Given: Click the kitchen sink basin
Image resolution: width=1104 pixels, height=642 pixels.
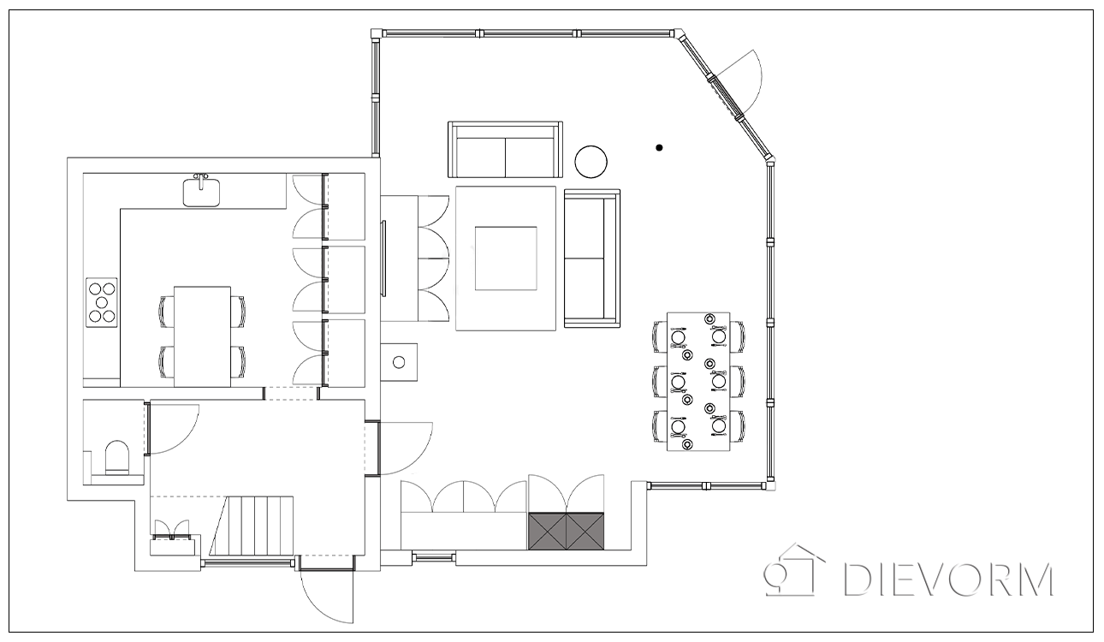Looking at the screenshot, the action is (x=201, y=193).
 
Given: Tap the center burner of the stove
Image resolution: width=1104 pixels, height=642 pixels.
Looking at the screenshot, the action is (x=102, y=302).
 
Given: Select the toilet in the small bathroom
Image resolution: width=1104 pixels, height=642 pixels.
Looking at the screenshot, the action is (x=118, y=457).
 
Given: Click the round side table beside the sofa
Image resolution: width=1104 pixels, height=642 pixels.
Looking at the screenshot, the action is (x=591, y=162).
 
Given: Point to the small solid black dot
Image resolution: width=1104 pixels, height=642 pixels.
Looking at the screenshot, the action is (x=659, y=147).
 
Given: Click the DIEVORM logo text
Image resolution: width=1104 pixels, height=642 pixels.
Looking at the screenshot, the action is (x=948, y=579).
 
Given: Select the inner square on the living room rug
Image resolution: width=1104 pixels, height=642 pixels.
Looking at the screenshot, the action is (x=506, y=259).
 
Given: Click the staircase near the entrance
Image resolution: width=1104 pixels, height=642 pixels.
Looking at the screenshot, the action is (x=252, y=526).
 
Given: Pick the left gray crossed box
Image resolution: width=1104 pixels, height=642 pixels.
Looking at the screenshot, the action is (x=547, y=531).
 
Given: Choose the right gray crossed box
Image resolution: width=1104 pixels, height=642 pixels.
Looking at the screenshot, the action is (x=585, y=531).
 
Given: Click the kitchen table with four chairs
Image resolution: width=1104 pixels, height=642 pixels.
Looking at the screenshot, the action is (x=202, y=336).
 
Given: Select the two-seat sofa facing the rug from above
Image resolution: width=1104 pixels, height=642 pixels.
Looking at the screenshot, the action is (x=505, y=149).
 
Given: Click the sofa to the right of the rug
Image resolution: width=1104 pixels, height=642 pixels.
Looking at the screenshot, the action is (x=592, y=259).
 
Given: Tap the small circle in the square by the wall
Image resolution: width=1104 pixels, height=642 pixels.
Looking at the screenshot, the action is (x=399, y=362).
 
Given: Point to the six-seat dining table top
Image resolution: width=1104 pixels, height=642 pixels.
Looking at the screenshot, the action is (x=698, y=381).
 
